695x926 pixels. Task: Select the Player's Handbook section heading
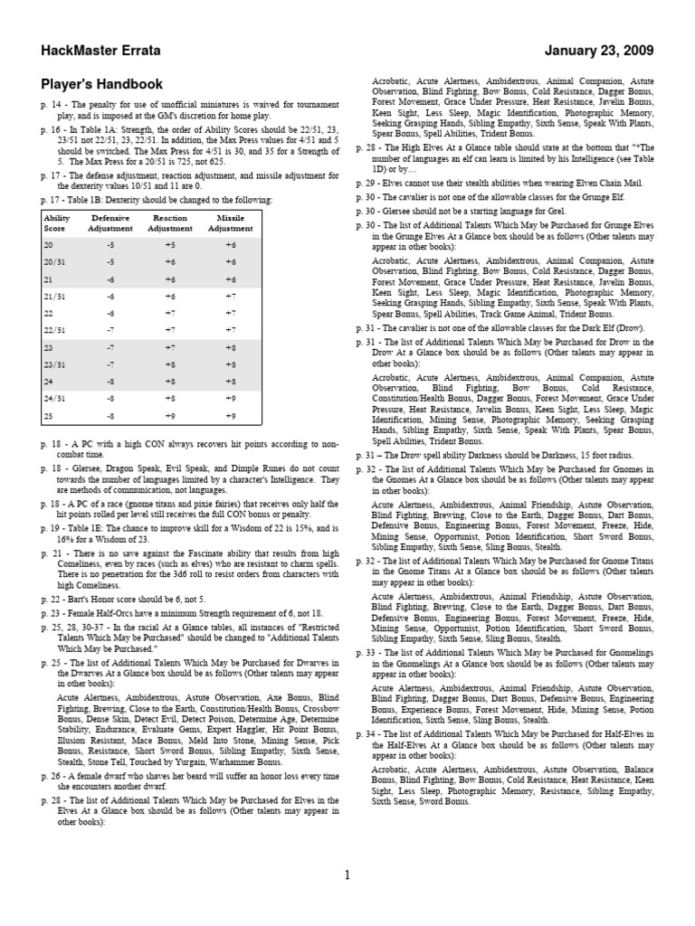coord(102,84)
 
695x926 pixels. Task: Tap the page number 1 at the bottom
coord(347,874)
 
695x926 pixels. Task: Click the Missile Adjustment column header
coord(230,223)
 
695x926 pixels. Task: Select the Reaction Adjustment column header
coord(170,223)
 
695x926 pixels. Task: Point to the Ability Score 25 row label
coord(50,416)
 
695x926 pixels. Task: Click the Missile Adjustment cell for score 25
coord(230,416)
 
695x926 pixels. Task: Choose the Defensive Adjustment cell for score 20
coord(109,244)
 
